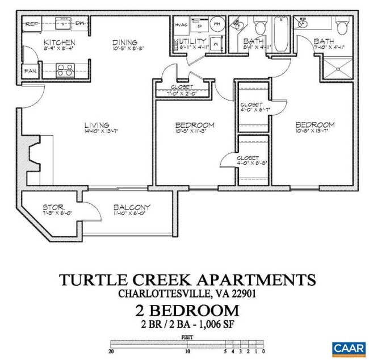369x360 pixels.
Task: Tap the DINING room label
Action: [x=124, y=42]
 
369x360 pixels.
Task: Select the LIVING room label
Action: [x=97, y=125]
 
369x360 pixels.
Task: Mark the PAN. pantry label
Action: [x=31, y=72]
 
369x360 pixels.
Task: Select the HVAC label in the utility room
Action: [x=181, y=25]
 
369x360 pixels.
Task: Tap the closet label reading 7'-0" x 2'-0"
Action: [x=181, y=93]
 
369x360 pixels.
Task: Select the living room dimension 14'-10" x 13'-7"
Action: [x=97, y=132]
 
